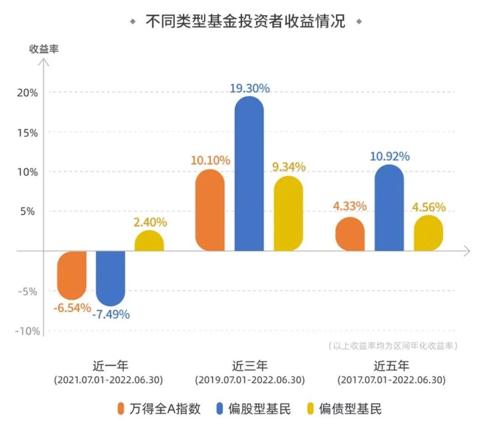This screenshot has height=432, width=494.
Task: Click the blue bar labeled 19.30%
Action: pyautogui.click(x=249, y=174)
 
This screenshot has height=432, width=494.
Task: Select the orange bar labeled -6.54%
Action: pyautogui.click(x=72, y=275)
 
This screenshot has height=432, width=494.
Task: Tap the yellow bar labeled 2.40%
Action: pyautogui.click(x=149, y=241)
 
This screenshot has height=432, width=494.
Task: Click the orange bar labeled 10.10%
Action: pyautogui.click(x=210, y=210)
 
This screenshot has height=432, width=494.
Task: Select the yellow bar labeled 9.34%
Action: pyautogui.click(x=288, y=213)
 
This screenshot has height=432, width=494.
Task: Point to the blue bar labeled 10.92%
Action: pyautogui.click(x=389, y=208)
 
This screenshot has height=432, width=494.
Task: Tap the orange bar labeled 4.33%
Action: pyautogui.click(x=350, y=234)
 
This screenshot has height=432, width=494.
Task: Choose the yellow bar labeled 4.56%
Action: pyautogui.click(x=429, y=233)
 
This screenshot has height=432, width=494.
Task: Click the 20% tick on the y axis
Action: pyautogui.click(x=28, y=93)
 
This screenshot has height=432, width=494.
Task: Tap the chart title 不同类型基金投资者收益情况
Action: pyautogui.click(x=246, y=21)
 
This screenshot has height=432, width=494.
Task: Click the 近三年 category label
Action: pyautogui.click(x=249, y=366)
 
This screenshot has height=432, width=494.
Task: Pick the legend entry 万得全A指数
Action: pyautogui.click(x=159, y=409)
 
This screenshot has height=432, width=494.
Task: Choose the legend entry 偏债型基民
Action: pyautogui.click(x=344, y=409)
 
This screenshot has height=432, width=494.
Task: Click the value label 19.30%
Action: pyautogui.click(x=249, y=88)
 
